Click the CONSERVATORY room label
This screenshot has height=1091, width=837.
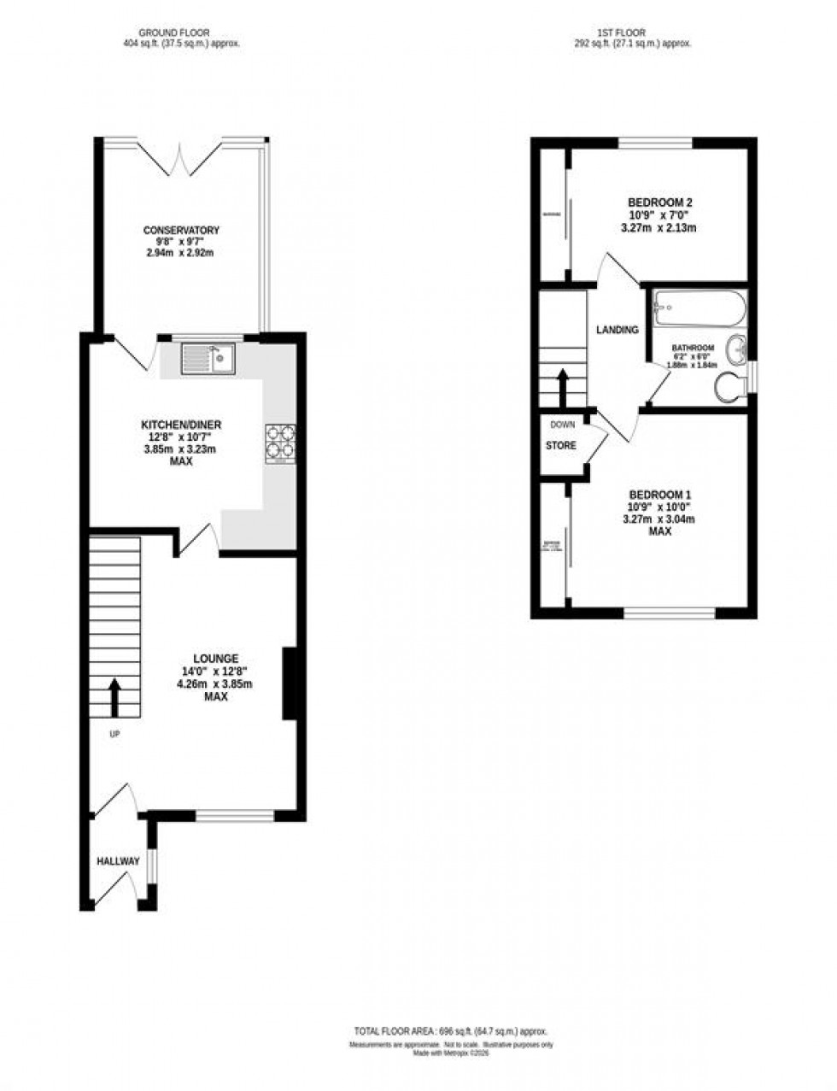(181, 231)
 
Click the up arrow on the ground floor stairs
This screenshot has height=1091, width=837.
(114, 695)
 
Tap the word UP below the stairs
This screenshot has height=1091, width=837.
(114, 733)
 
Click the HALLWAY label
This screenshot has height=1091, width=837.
(118, 861)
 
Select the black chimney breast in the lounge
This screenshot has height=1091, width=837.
(290, 684)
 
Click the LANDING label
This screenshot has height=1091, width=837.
(617, 330)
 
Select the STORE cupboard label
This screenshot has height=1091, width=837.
(561, 446)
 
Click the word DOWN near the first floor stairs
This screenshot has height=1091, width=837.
(562, 425)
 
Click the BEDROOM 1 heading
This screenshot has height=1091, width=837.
(659, 496)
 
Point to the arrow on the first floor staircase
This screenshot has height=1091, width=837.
(563, 386)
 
